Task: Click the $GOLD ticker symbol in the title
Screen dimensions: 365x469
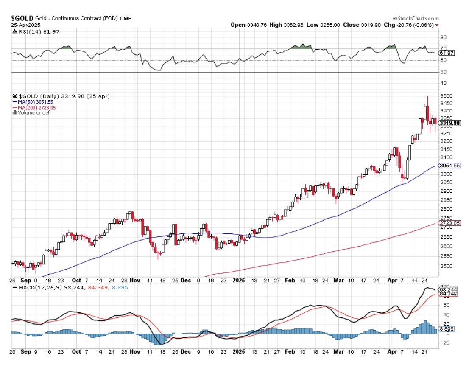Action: (x=22, y=18)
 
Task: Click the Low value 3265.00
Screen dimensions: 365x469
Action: (x=330, y=25)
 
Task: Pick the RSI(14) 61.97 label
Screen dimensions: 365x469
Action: (x=32, y=32)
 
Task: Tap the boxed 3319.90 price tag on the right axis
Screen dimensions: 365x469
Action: (x=450, y=124)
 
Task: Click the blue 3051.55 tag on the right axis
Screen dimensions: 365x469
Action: (x=450, y=166)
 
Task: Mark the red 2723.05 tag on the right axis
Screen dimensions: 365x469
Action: (x=450, y=223)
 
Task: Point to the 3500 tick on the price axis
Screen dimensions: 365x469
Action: (x=446, y=96)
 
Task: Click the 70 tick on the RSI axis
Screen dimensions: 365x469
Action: (x=443, y=49)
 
